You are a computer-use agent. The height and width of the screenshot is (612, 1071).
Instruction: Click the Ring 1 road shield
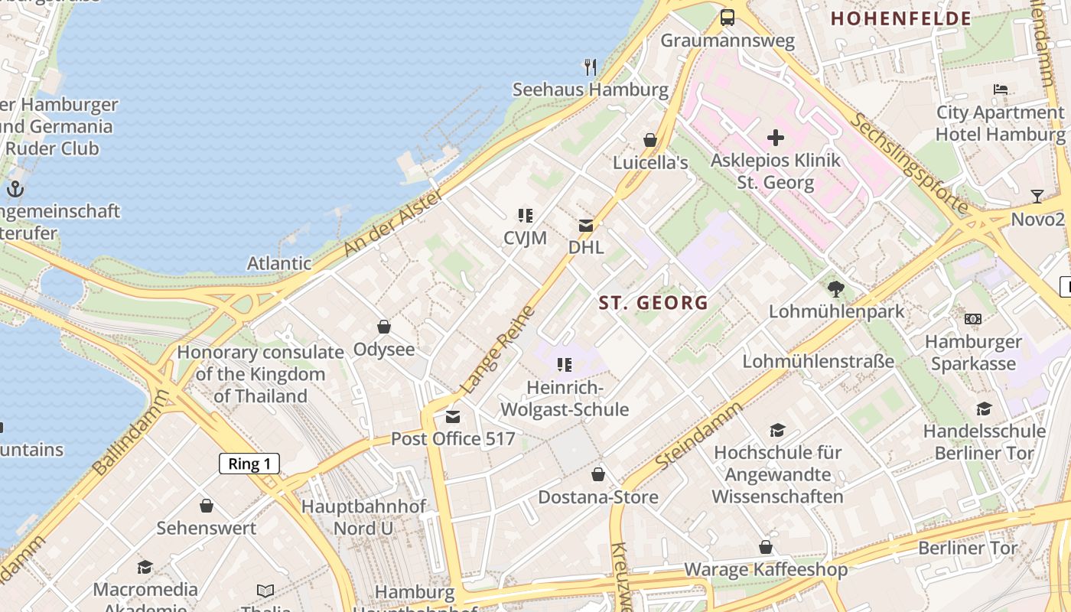click(x=249, y=464)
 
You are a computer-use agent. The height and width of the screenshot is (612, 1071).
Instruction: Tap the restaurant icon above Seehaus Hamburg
click(x=590, y=67)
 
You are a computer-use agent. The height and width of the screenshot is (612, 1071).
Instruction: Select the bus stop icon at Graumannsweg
click(x=728, y=18)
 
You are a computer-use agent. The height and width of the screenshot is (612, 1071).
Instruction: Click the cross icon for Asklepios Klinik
click(x=776, y=138)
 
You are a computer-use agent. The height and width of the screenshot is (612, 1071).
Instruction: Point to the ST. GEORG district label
click(x=653, y=303)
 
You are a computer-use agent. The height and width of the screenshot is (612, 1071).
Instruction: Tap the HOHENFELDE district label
click(x=900, y=19)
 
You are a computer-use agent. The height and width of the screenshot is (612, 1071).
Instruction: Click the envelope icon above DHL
click(x=586, y=226)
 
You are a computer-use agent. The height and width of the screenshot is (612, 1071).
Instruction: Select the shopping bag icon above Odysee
click(x=384, y=327)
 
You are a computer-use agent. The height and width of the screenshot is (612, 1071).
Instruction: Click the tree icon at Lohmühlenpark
click(x=836, y=289)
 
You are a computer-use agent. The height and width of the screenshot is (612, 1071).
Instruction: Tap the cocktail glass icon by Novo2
click(x=1037, y=197)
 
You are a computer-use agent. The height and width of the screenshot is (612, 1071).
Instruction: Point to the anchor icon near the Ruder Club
click(x=15, y=189)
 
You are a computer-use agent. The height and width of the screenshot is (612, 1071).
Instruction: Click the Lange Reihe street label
click(x=498, y=350)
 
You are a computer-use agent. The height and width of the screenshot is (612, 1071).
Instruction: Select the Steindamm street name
click(x=698, y=436)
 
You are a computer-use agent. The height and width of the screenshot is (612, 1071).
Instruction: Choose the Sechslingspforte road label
click(x=909, y=164)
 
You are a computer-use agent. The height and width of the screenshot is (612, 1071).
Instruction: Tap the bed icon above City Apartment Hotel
click(x=1001, y=90)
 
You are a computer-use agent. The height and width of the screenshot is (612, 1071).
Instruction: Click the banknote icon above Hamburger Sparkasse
click(x=972, y=318)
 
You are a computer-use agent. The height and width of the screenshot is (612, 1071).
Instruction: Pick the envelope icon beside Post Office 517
click(x=453, y=417)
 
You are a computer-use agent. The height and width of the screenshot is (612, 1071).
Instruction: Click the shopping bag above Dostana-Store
click(x=598, y=474)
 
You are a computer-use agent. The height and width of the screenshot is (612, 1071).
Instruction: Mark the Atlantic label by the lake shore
click(x=278, y=263)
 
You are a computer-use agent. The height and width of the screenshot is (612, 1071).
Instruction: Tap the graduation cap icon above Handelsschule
click(x=984, y=409)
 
